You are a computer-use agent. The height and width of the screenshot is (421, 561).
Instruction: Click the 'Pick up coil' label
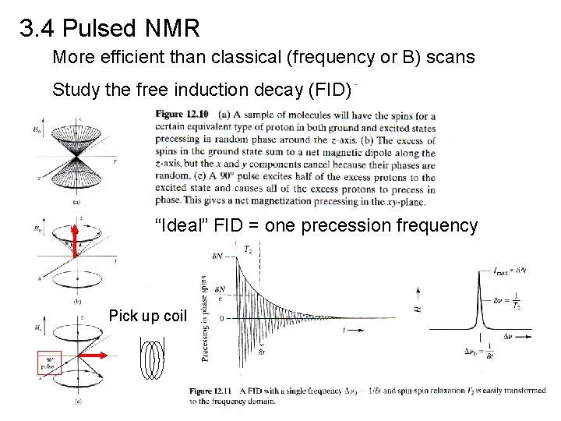point(149,316)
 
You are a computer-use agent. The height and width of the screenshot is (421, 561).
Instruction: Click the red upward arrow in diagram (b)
point(75,240)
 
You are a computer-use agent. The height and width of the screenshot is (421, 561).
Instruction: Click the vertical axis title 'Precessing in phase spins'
point(205,318)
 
